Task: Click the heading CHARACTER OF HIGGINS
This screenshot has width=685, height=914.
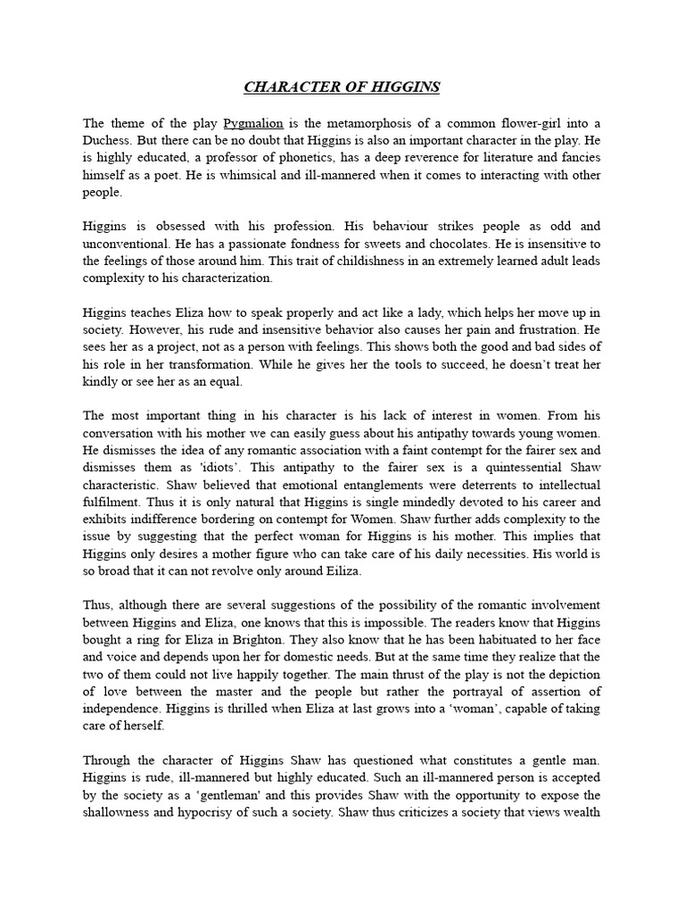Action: pos(342,87)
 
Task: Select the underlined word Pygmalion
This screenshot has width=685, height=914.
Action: pos(253,123)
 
